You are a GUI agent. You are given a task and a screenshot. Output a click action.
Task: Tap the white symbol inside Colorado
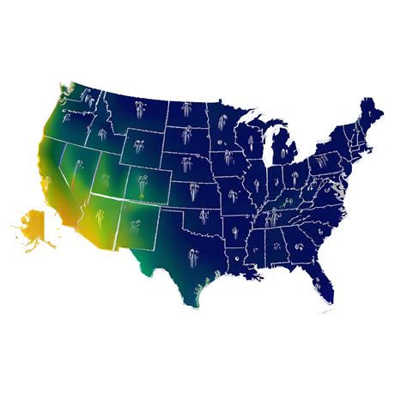coord(143,184)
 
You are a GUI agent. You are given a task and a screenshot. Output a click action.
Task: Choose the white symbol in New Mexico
coord(134,228)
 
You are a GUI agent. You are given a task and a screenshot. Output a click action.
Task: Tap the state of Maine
coord(376,112)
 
